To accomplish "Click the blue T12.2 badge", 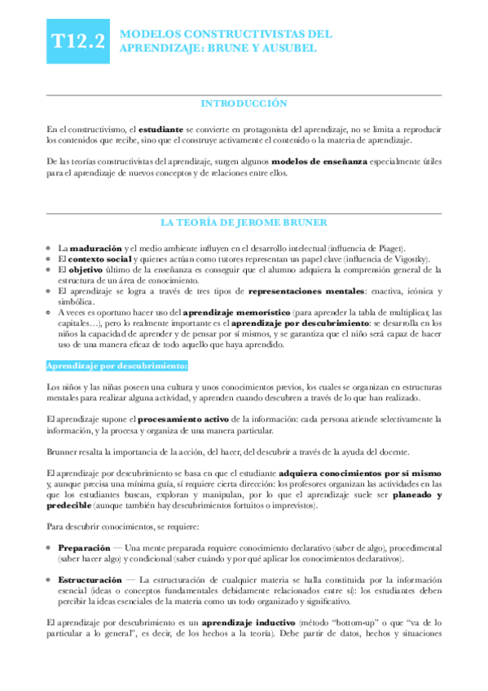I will coord(78,42).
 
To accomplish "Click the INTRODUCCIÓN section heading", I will coord(244,103).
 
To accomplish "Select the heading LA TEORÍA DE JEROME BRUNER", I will coord(244,221).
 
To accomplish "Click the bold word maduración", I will coord(91,248).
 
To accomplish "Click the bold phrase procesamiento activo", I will coord(188,419).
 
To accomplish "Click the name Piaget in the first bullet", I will coord(390,248).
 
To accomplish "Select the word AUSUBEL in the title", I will coord(286,49).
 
